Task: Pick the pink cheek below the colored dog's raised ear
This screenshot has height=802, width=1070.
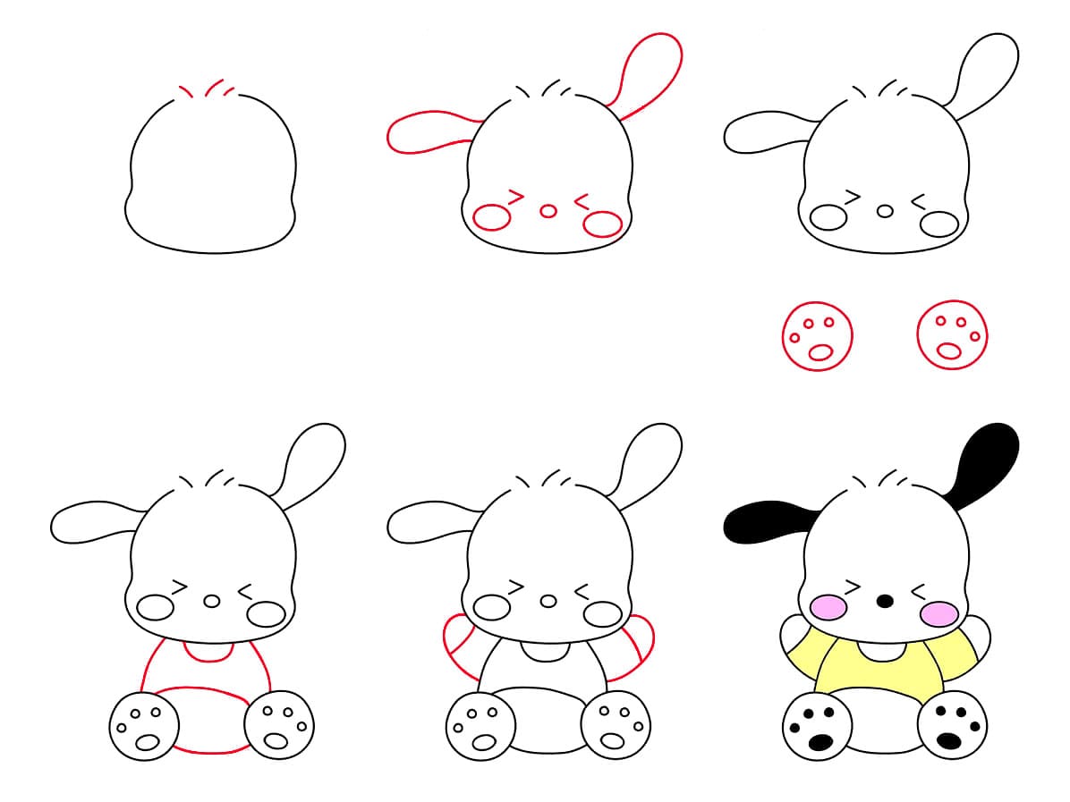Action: [x=938, y=613]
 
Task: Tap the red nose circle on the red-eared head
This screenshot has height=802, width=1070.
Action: [x=548, y=211]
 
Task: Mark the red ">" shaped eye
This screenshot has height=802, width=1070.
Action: [x=515, y=194]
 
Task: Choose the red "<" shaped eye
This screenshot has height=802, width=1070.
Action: [x=582, y=201]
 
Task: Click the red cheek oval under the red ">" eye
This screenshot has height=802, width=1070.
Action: [x=491, y=217]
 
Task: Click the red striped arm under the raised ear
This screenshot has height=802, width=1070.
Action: [x=637, y=648]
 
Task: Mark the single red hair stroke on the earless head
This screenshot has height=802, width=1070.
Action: [x=185, y=91]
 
